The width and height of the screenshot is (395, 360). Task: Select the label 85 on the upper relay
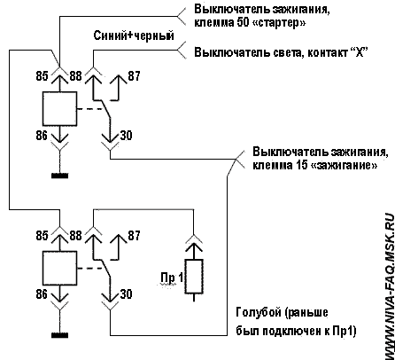(42, 76)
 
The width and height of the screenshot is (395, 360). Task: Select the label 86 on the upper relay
(42, 136)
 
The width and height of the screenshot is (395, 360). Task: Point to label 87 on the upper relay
(134, 76)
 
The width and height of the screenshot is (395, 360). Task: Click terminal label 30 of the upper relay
(126, 136)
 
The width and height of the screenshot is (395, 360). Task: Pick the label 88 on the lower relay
(75, 236)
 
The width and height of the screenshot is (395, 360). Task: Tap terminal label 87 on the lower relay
(134, 236)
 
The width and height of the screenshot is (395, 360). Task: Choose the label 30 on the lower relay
(126, 294)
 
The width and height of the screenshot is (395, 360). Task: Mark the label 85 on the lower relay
(42, 236)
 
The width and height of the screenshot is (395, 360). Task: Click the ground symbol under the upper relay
(60, 176)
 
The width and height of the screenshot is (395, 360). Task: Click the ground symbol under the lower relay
(60, 335)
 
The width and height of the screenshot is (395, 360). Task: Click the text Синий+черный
(134, 35)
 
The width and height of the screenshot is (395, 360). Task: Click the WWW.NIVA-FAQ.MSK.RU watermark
(389, 286)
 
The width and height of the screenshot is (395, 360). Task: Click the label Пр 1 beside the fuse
(172, 278)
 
